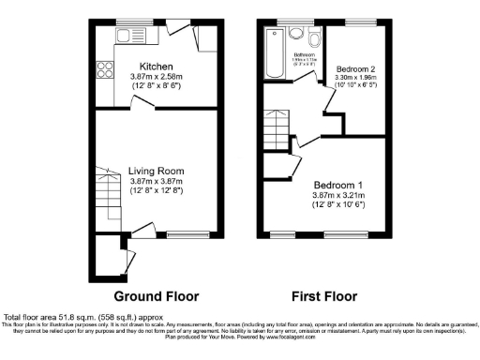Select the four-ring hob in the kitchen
[103, 68]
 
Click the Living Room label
[156, 171]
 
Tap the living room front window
[183, 232]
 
